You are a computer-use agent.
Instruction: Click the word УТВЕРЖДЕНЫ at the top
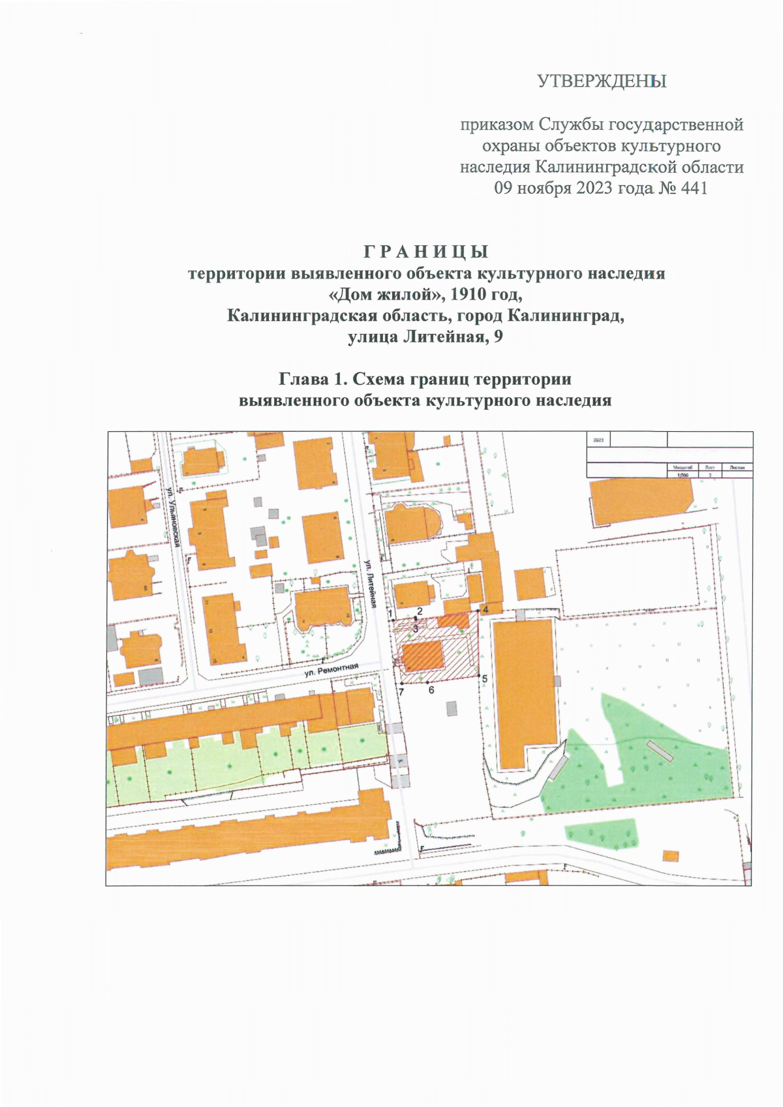pyautogui.click(x=601, y=82)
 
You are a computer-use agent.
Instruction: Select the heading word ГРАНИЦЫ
pyautogui.click(x=426, y=252)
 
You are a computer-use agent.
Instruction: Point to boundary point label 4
pyautogui.click(x=485, y=610)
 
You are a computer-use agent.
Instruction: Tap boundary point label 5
pyautogui.click(x=485, y=678)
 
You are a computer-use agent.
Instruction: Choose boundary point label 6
pyautogui.click(x=431, y=690)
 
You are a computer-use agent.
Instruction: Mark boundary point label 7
pyautogui.click(x=402, y=691)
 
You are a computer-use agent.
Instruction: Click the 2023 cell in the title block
pyautogui.click(x=598, y=440)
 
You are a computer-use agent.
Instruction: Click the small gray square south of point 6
pyautogui.click(x=452, y=709)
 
